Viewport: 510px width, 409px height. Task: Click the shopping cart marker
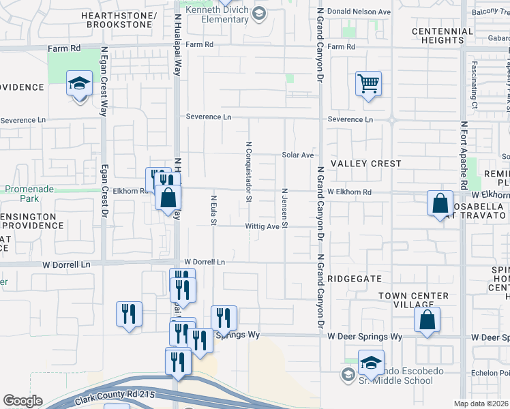(x=368, y=85)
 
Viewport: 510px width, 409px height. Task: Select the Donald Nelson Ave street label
(x=359, y=12)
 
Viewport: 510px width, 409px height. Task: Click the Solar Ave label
(x=298, y=155)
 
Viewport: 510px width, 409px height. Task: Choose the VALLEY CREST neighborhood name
(x=366, y=164)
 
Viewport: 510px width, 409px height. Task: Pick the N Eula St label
(x=213, y=211)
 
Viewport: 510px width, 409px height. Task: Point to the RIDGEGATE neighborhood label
(x=355, y=279)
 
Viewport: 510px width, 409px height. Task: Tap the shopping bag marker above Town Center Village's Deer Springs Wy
(x=427, y=320)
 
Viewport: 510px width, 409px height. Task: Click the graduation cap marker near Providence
(x=79, y=85)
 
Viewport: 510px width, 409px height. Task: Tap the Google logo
(x=22, y=401)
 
